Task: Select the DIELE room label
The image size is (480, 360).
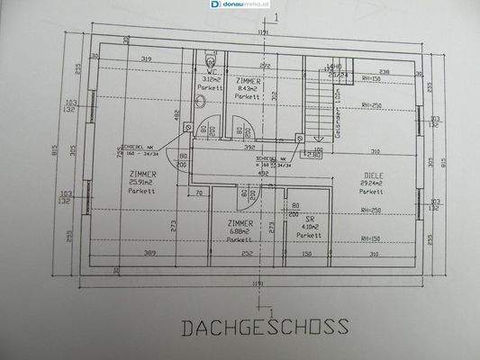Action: click(x=375, y=175)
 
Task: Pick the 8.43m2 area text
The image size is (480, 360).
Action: click(x=249, y=87)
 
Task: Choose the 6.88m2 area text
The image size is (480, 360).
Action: click(x=240, y=231)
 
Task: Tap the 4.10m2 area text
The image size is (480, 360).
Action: click(x=309, y=226)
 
